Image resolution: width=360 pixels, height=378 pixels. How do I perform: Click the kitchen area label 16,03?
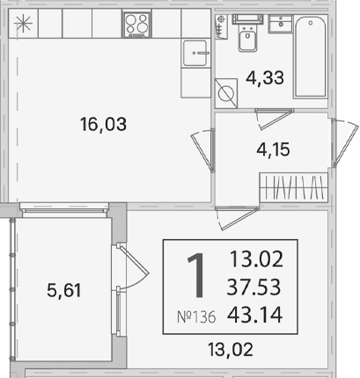(x=103, y=124)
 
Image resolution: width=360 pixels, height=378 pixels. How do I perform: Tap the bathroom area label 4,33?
(x=265, y=78)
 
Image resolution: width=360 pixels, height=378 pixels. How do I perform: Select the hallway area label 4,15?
(x=273, y=149)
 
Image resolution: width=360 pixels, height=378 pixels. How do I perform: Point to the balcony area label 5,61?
(x=63, y=290)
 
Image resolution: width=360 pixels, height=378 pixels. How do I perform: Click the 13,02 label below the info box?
(x=231, y=350)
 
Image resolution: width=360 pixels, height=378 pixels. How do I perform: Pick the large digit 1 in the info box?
(x=195, y=276)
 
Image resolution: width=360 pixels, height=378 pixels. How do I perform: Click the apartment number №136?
(x=196, y=316)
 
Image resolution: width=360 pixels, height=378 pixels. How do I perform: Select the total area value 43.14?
(x=254, y=315)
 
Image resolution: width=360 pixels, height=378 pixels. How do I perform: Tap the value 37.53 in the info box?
(x=253, y=287)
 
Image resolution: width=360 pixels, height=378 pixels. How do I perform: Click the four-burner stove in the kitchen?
(x=136, y=25)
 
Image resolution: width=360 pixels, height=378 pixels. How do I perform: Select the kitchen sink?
(x=195, y=53)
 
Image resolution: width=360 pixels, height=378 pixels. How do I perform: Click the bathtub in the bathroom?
(x=311, y=56)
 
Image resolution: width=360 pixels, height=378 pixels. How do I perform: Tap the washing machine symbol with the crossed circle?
(x=226, y=93)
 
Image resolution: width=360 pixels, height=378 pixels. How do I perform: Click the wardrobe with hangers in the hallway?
(x=293, y=187)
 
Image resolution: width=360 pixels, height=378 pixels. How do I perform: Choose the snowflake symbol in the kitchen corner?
(x=24, y=25)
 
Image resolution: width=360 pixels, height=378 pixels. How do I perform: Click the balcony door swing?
(x=130, y=267)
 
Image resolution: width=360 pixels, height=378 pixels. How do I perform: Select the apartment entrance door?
(x=344, y=142)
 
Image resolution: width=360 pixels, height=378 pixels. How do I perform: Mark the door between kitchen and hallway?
(x=203, y=150)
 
